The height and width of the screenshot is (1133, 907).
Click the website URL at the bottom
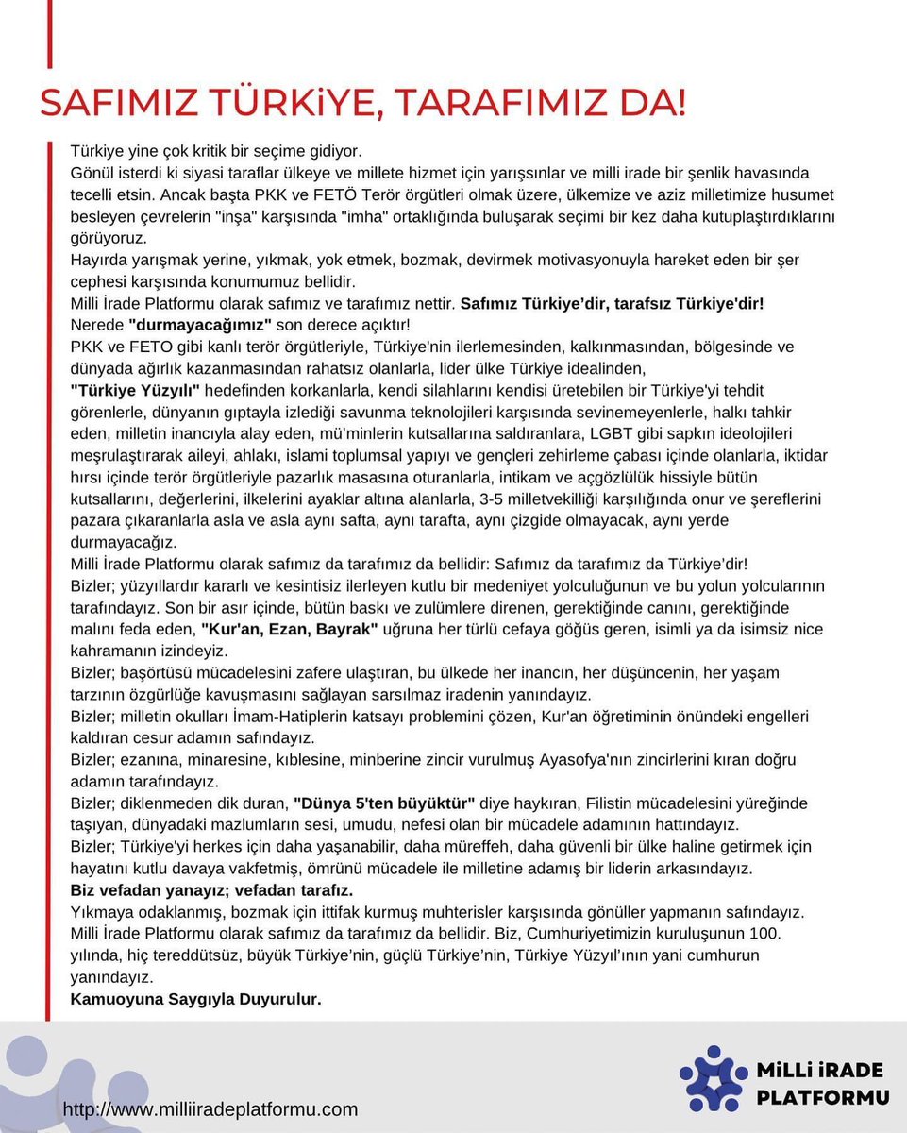point(210,1108)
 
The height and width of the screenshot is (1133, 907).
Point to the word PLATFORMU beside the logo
point(823,1097)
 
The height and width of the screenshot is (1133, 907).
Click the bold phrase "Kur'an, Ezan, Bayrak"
point(290,629)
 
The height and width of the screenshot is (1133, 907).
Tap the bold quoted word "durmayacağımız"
point(194,324)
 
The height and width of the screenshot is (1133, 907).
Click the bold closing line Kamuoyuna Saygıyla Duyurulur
point(196,998)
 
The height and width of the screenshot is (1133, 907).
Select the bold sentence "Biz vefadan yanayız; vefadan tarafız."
point(212,890)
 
